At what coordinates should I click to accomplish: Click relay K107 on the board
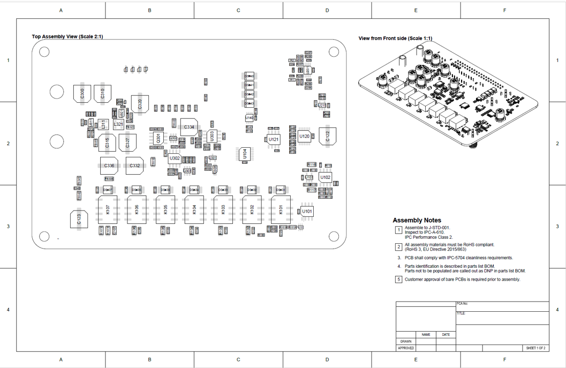point(108,210)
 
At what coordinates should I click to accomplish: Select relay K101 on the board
point(280,210)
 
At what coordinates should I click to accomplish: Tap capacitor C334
point(189,127)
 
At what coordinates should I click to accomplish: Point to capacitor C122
point(328,135)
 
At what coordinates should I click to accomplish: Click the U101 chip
point(307,211)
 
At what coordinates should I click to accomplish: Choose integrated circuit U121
point(274,140)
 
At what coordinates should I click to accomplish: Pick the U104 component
point(245,154)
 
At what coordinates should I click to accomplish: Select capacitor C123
point(78,220)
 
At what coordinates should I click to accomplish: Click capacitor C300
point(82,93)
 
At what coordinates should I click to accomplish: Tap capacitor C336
point(109,166)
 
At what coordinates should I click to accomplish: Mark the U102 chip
point(325,177)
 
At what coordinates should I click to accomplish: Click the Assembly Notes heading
point(417,220)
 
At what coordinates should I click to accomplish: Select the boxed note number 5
point(398,280)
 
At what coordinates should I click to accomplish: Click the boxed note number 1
point(398,230)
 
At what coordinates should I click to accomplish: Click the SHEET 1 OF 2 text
point(536,348)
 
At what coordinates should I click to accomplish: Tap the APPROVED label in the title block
point(406,348)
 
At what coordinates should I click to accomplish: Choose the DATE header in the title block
point(446,335)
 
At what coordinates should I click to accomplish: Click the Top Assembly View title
point(67,37)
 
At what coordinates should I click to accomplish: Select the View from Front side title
point(395,38)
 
